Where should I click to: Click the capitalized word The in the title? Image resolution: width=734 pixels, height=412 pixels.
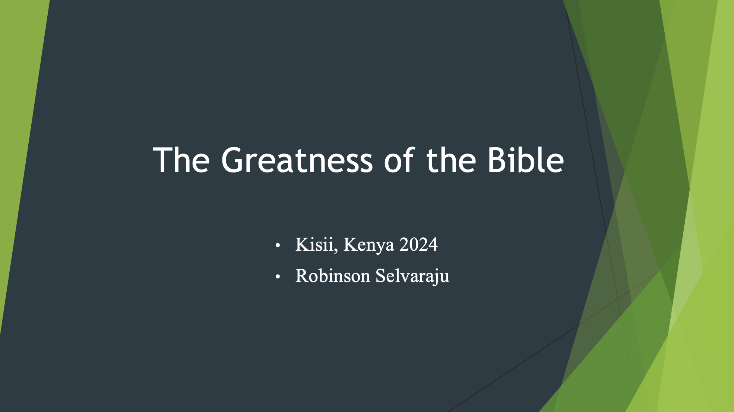coord(181,160)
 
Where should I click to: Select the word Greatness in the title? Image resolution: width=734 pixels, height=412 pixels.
coord(297,160)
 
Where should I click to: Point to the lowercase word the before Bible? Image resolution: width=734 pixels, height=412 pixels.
coord(451,160)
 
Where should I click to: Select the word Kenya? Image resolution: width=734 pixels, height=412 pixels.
coord(368,246)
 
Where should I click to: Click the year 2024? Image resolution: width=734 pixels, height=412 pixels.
coord(418,244)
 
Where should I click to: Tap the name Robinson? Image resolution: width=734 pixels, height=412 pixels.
coord(333,276)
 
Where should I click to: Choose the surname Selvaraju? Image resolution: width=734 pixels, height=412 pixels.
coord(412,276)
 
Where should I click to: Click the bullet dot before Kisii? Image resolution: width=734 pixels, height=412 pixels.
coord(278,245)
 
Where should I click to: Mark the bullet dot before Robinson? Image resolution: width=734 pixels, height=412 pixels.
coord(278,277)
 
